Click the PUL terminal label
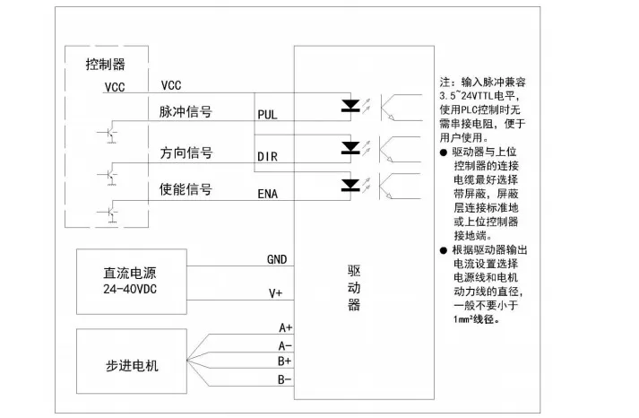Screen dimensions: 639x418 pyautogui.click(x=267, y=115)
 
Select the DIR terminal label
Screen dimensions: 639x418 pyautogui.click(x=267, y=156)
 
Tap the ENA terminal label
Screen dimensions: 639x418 pyautogui.click(x=267, y=194)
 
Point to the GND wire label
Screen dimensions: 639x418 pyautogui.click(x=277, y=259)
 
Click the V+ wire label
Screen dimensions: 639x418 pyautogui.click(x=275, y=293)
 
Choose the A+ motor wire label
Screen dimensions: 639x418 pyautogui.click(x=286, y=327)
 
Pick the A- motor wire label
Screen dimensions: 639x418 pyautogui.click(x=285, y=346)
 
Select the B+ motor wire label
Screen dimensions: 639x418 pyautogui.click(x=285, y=361)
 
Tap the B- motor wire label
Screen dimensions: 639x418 pyautogui.click(x=285, y=379)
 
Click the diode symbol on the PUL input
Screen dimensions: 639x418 pyautogui.click(x=350, y=106)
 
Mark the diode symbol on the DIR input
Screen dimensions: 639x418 pyautogui.click(x=350, y=148)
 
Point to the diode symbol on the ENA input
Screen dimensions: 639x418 pyautogui.click(x=350, y=185)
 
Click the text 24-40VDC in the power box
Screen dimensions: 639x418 pyautogui.click(x=130, y=289)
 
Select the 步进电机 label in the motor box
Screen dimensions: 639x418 pyautogui.click(x=132, y=366)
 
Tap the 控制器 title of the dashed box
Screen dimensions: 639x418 pyautogui.click(x=106, y=64)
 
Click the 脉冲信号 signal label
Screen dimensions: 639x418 pyautogui.click(x=186, y=112)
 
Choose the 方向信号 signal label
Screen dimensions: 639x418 pyautogui.click(x=186, y=152)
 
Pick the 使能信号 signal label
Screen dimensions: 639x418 pyautogui.click(x=186, y=189)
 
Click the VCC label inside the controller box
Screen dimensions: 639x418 pyautogui.click(x=115, y=87)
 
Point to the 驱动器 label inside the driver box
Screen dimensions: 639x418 pyautogui.click(x=354, y=288)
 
